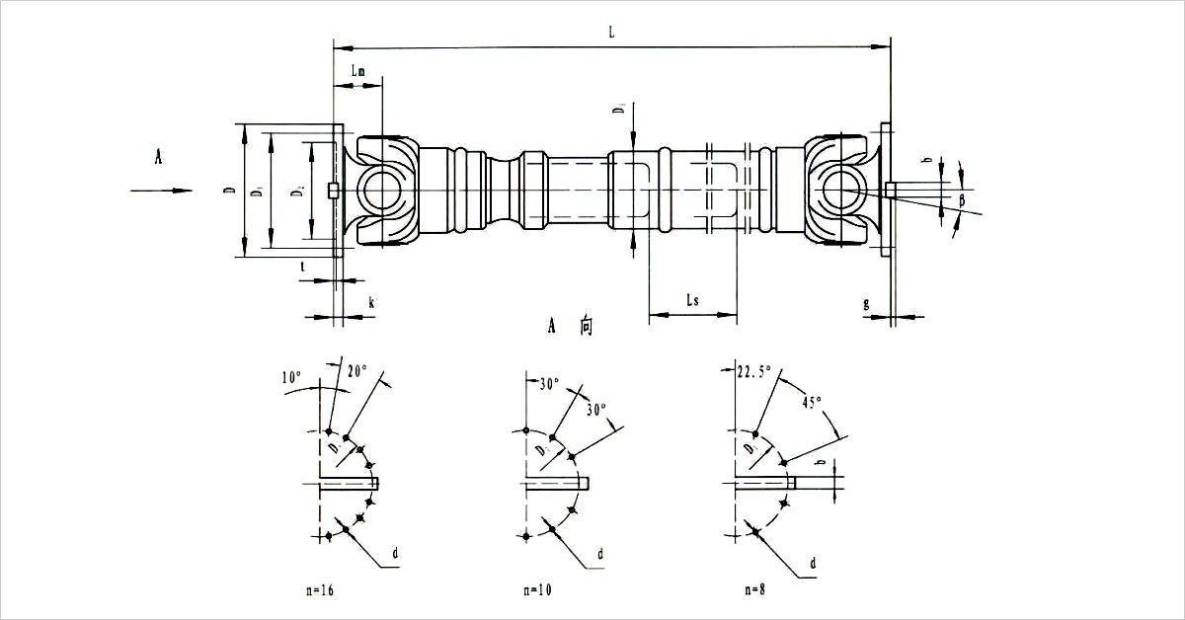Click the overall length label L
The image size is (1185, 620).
tap(612, 33)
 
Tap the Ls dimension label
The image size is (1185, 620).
tap(692, 300)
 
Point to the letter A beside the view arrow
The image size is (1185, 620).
tap(158, 156)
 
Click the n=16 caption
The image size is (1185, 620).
tap(320, 589)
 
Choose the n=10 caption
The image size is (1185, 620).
tap(538, 589)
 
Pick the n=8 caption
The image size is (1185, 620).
tap(753, 589)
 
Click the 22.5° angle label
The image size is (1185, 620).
tap(755, 372)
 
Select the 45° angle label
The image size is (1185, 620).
tap(811, 403)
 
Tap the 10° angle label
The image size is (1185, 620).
tap(290, 377)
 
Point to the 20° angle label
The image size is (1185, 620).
tap(356, 370)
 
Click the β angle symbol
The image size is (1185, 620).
tap(963, 201)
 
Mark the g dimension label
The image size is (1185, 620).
tap(866, 303)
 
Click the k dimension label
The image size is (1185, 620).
tap(371, 303)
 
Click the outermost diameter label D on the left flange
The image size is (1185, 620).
tap(228, 190)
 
